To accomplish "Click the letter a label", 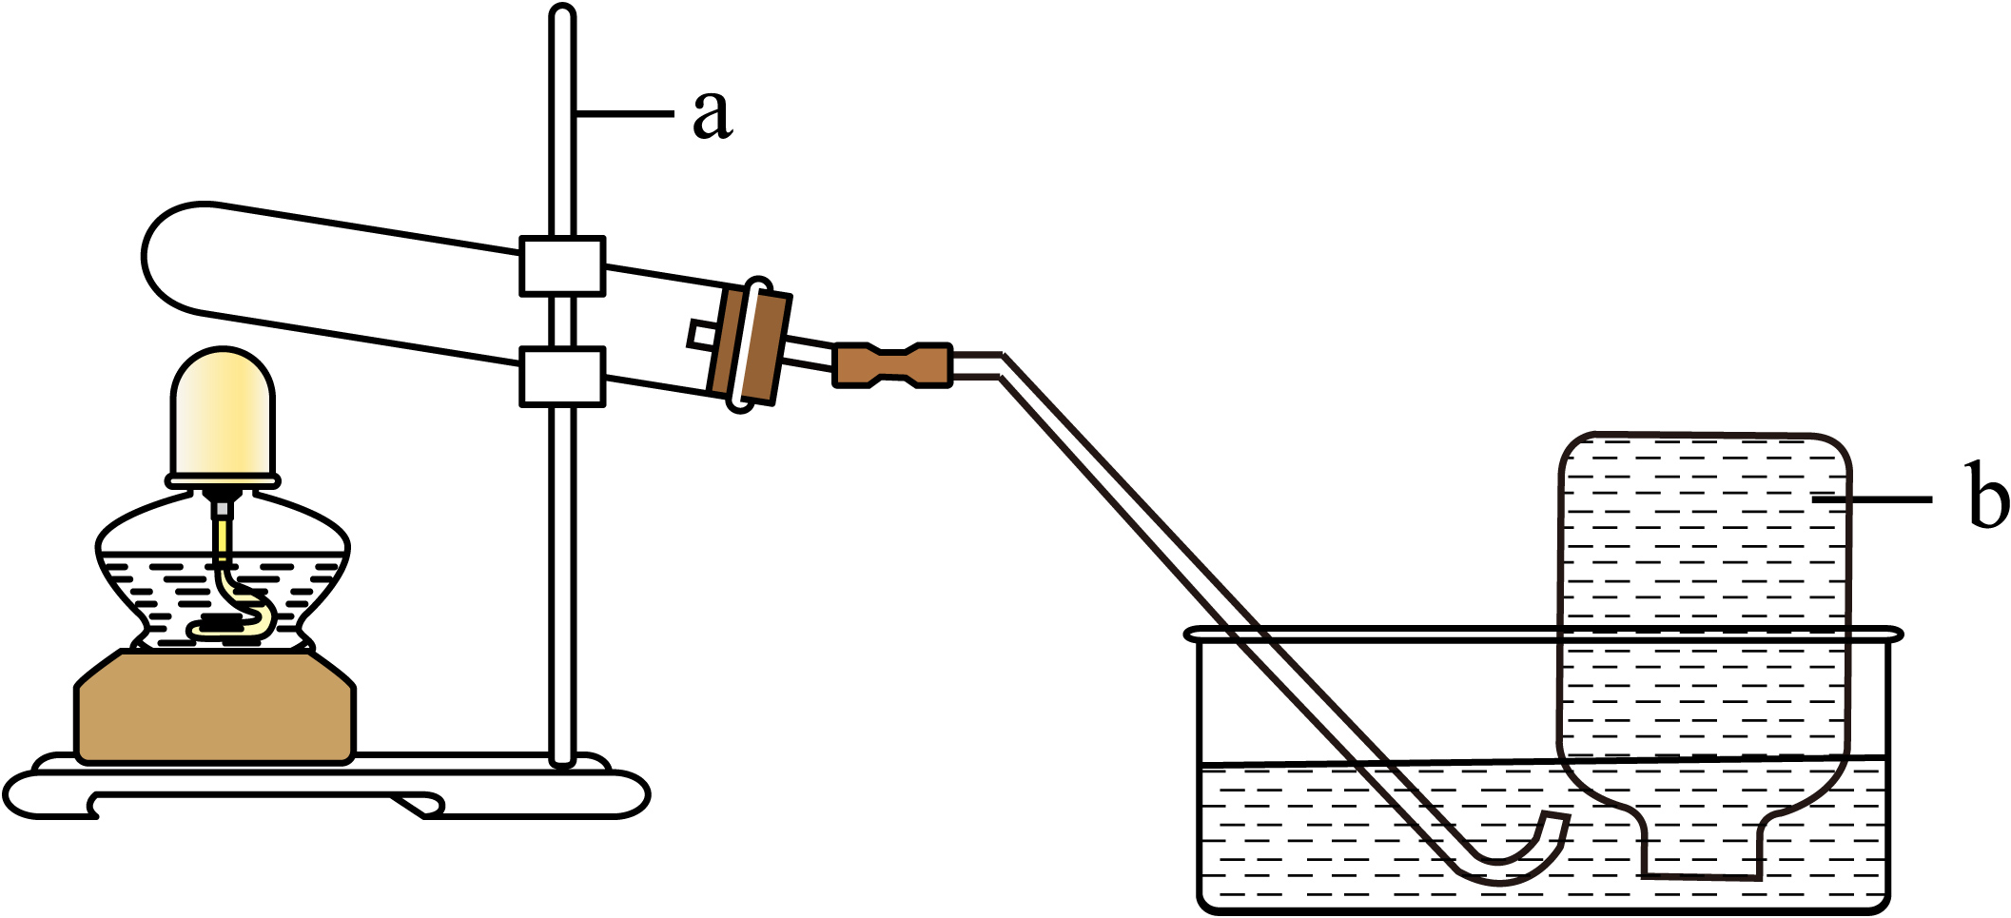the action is (713, 114).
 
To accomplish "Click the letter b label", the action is (1987, 495).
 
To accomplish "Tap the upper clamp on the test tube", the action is (562, 266).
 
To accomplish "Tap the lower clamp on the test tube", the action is (562, 377).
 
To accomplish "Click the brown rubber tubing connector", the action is (892, 365).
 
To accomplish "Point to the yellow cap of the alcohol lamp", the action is (223, 415).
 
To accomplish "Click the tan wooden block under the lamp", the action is (215, 706).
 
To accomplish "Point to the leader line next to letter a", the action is (624, 114).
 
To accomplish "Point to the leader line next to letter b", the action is (1872, 498).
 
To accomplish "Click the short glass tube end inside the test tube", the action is (702, 335).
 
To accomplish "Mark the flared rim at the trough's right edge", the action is (1887, 634).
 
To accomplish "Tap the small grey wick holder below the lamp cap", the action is (222, 510).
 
